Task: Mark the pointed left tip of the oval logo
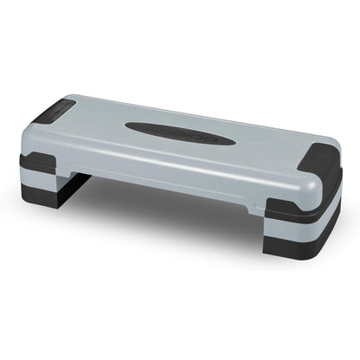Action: click(126, 127)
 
